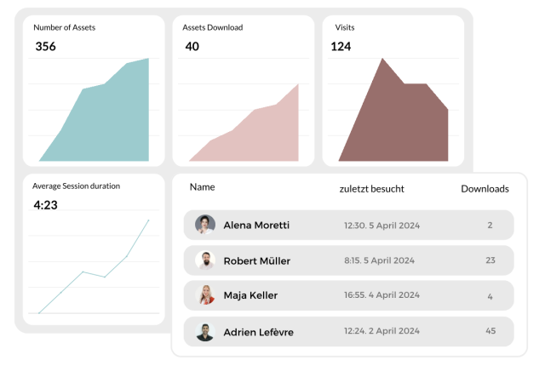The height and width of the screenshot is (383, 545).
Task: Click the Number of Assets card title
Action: click(64, 27)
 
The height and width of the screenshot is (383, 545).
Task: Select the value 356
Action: click(45, 47)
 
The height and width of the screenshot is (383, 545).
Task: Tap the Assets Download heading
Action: click(212, 27)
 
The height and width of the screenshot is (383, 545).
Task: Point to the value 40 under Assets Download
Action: click(192, 47)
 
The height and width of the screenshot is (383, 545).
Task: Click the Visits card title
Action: click(344, 27)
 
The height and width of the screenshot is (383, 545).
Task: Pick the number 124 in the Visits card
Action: click(341, 47)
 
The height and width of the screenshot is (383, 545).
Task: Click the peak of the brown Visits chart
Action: click(383, 59)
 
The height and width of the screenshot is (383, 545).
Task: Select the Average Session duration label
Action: click(76, 186)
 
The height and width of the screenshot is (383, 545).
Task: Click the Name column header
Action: click(202, 187)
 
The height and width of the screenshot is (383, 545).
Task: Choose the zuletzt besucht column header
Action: click(371, 189)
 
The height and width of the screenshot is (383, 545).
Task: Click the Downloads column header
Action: click(485, 189)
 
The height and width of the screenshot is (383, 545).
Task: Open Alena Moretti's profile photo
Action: click(204, 225)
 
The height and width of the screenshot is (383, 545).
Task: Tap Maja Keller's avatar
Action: click(204, 295)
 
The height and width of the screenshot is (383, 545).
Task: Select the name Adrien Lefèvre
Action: click(258, 332)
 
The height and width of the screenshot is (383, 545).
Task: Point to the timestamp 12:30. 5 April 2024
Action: click(381, 226)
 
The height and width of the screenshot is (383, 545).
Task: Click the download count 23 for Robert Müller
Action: click(490, 260)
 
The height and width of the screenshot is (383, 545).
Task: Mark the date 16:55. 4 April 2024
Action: click(381, 295)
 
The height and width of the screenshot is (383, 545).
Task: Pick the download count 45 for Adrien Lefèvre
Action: click(490, 331)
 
